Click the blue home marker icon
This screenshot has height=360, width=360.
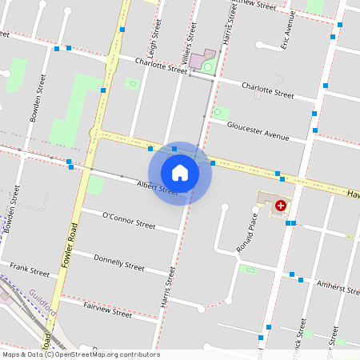pos(180,173)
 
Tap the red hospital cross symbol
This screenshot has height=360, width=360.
pos(281,206)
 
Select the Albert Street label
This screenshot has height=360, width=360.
pos(157,188)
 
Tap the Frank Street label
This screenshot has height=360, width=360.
pos(30,270)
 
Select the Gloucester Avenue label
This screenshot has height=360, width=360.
pos(258,130)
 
